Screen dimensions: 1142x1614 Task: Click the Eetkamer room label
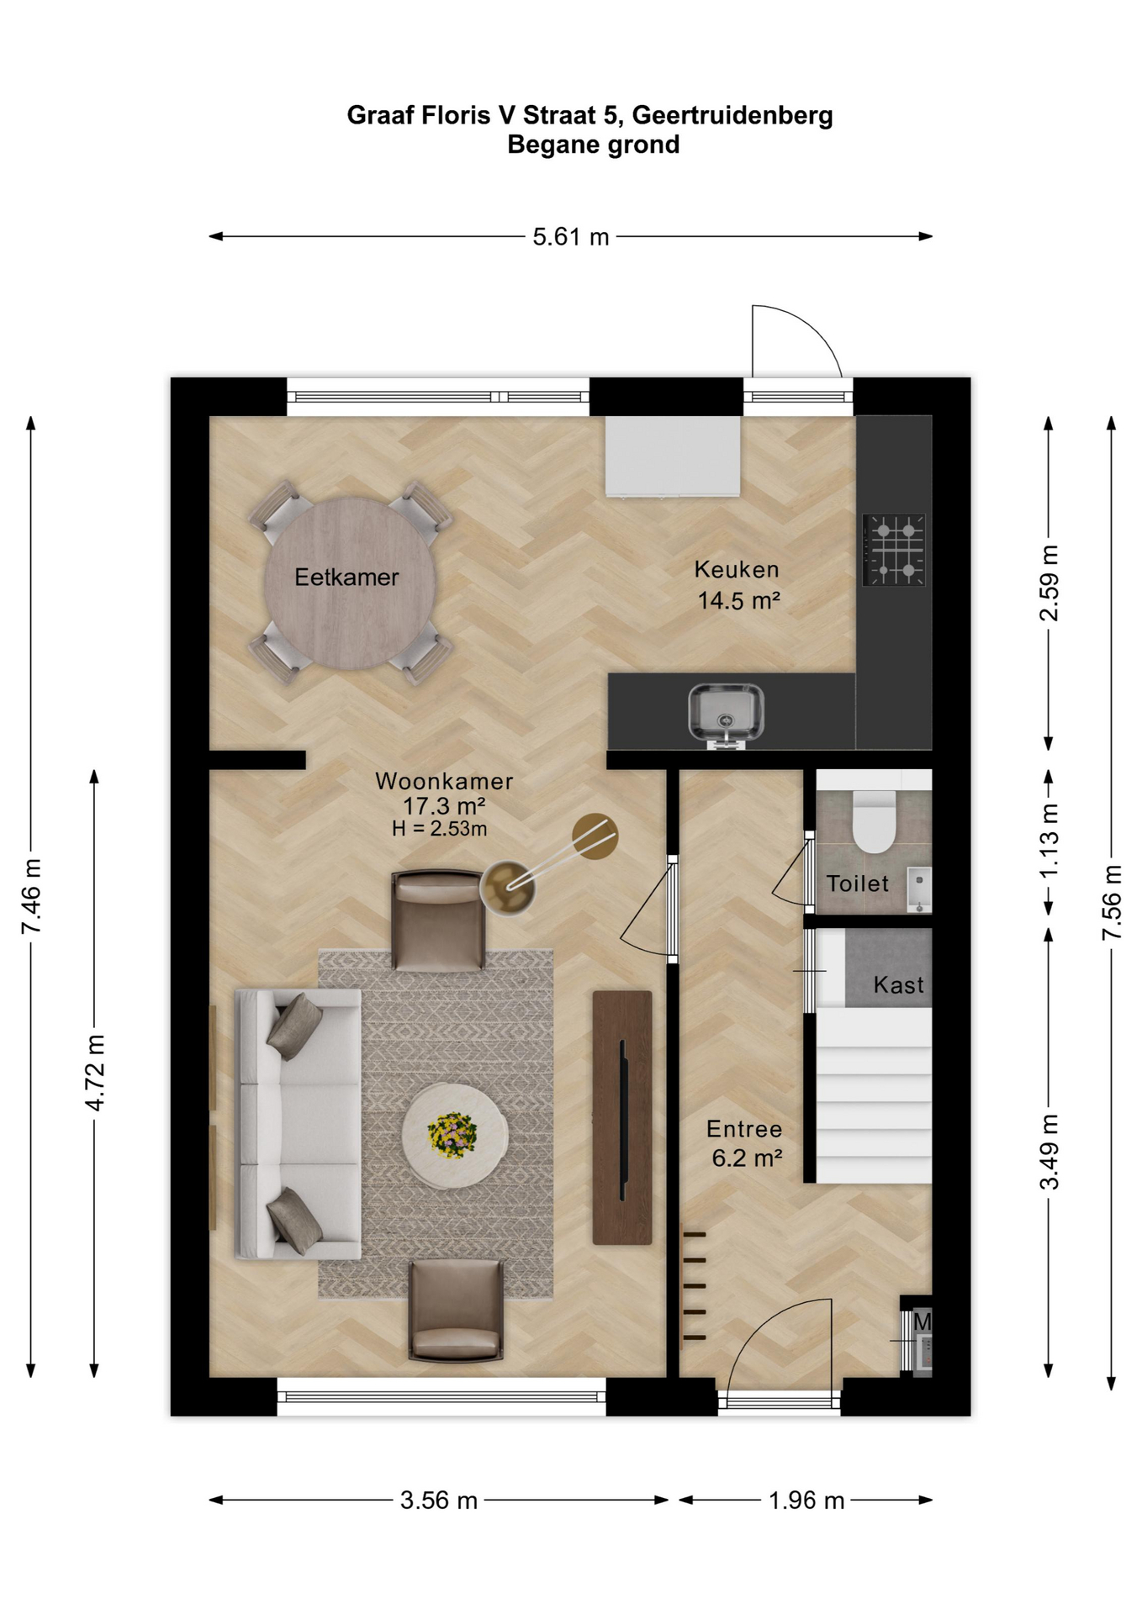click(346, 578)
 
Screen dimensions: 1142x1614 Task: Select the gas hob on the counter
click(894, 550)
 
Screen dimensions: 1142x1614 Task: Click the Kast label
click(898, 984)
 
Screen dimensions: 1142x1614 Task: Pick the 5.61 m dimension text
click(571, 237)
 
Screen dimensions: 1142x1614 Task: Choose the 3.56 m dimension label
click(439, 1501)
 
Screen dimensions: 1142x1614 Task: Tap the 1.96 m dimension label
click(806, 1501)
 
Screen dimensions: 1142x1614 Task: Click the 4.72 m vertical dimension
click(95, 1073)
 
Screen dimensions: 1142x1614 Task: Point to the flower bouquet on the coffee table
click(452, 1135)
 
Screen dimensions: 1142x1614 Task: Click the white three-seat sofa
click(299, 1124)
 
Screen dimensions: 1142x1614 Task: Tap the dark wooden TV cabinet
click(622, 1117)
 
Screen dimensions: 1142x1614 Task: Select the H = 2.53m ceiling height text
click(439, 829)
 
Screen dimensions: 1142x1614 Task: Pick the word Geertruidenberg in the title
click(732, 115)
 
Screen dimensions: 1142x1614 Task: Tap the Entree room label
click(744, 1129)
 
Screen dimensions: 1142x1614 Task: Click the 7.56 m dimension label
click(1112, 902)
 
